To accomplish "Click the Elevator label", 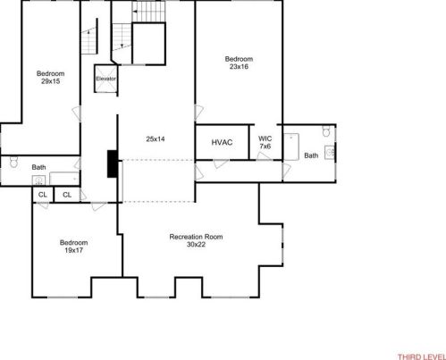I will click(106, 79).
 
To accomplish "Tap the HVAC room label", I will click(223, 143).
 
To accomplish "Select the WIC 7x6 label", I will click(265, 142).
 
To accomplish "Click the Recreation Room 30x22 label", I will click(196, 240).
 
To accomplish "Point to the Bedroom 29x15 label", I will click(50, 77).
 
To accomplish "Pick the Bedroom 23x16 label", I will click(237, 63).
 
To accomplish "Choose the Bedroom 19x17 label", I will click(73, 247).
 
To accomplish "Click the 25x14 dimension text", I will click(155, 138).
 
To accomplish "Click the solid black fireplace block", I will click(111, 163).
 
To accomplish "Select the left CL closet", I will click(42, 194).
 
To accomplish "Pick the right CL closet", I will click(67, 194).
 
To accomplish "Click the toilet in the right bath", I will click(327, 133).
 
